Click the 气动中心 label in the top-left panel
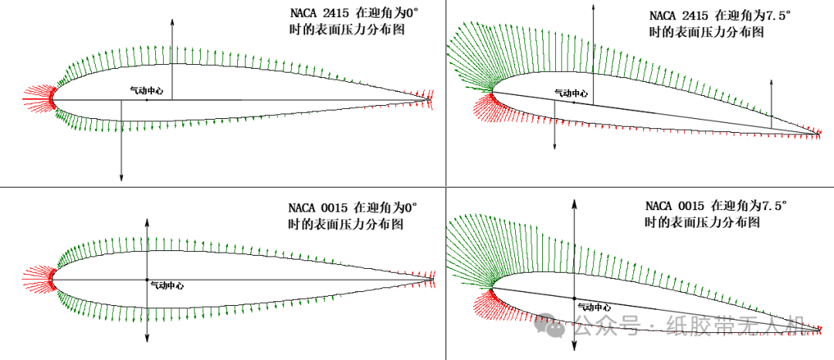146,90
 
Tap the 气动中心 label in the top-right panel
571,93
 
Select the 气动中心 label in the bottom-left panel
166,285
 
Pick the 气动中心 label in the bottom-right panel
595,306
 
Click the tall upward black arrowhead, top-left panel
172,20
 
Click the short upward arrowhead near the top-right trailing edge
771,82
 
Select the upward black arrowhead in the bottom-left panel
147,221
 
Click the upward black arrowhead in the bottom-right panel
574,203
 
